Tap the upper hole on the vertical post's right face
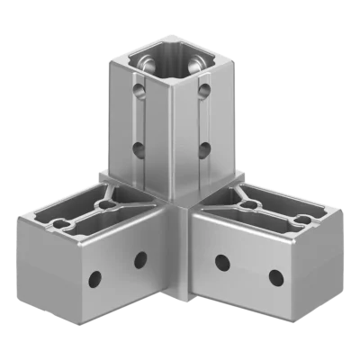206,91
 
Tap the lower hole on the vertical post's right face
204,147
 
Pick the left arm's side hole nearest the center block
140,261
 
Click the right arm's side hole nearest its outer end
272,274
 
